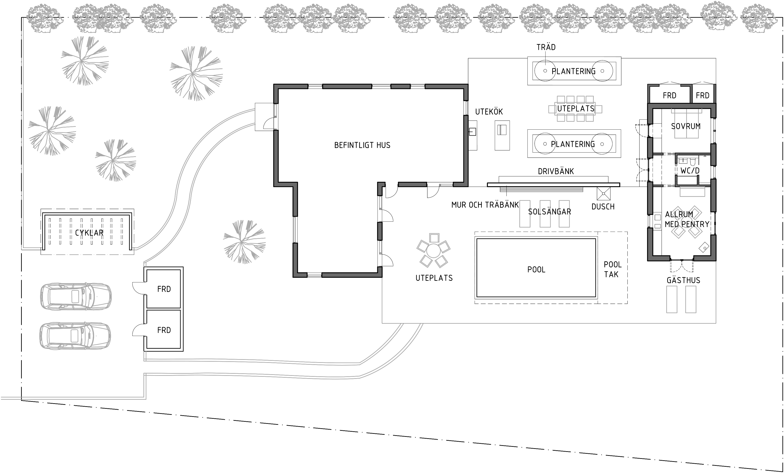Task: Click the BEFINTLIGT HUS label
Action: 362,145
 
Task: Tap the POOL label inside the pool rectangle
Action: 536,270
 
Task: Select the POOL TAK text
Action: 612,269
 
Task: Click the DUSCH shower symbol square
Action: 604,194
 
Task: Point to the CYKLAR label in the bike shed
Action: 89,233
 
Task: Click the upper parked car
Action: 76,296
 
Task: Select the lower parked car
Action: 75,336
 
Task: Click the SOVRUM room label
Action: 686,126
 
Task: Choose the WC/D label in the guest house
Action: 690,171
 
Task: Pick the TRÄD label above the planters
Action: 546,47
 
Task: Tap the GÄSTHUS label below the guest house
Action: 683,280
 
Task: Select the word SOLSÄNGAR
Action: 549,212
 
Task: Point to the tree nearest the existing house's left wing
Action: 244,242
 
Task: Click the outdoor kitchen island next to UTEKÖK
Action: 502,135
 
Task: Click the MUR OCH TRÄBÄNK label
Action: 485,205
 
